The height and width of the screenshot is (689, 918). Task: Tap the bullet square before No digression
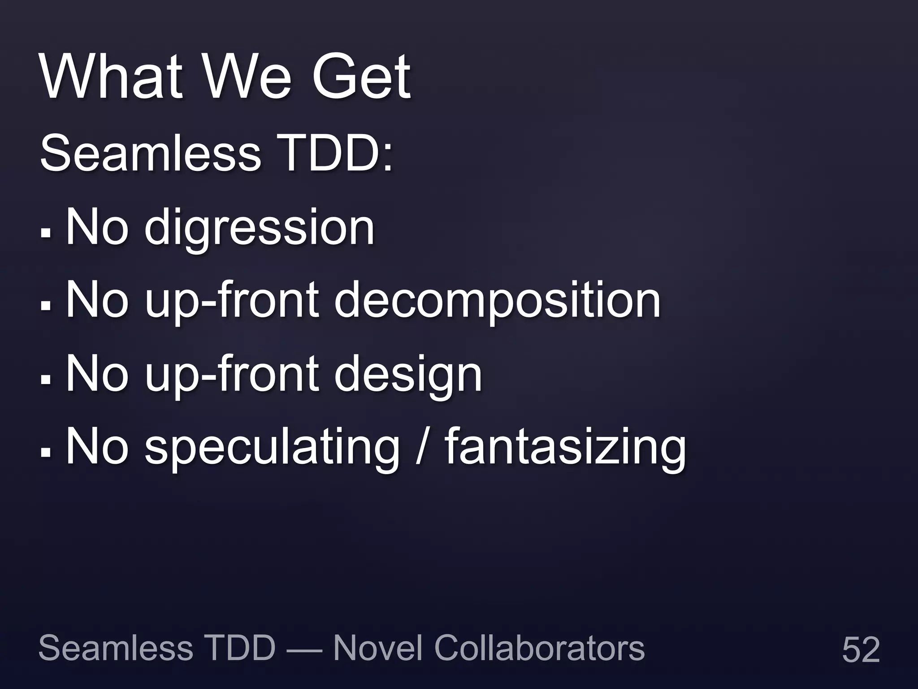tap(46, 233)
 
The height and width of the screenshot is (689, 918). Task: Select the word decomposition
tap(497, 301)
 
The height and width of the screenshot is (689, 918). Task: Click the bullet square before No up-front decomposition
tap(46, 306)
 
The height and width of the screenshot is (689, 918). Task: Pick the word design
tap(408, 375)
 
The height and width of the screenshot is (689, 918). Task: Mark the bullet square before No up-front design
tap(46, 379)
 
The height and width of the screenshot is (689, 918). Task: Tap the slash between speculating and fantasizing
tap(420, 446)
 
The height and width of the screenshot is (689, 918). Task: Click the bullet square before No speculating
tap(46, 452)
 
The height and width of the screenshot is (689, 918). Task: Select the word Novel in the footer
tap(377, 648)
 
